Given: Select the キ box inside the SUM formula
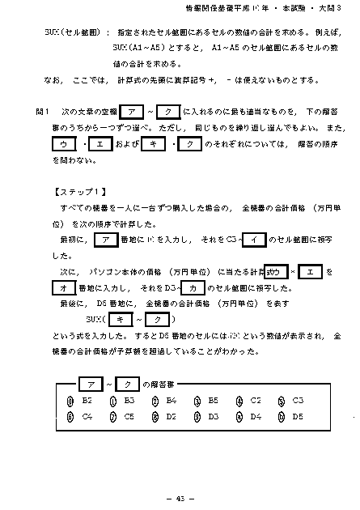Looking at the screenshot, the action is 122,320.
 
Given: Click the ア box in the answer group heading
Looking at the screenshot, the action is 89,383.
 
